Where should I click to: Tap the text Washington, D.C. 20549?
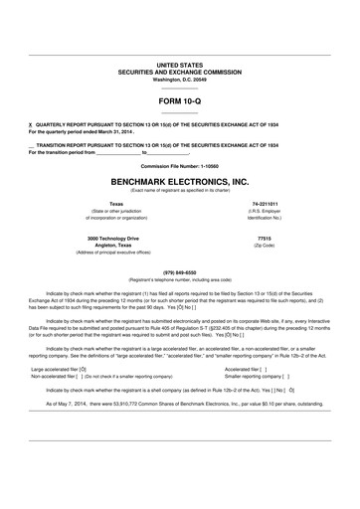(179, 77)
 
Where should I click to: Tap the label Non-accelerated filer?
(56, 377)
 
